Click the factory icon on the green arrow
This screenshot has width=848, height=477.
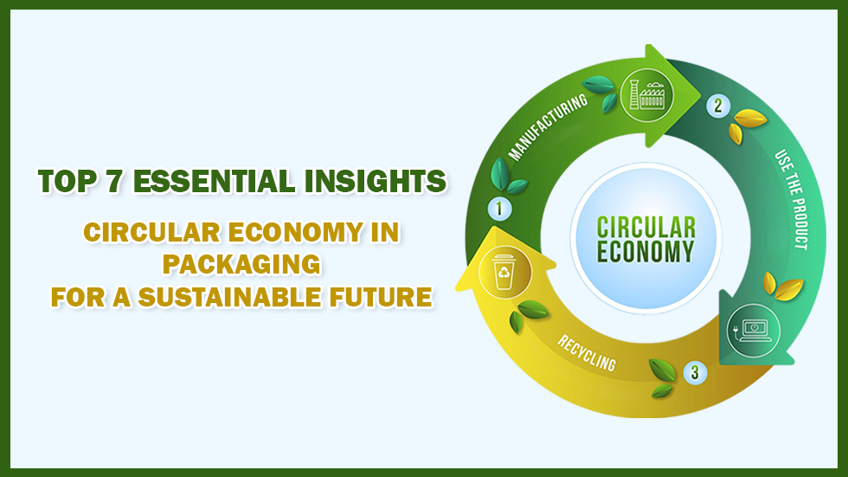(x=643, y=88)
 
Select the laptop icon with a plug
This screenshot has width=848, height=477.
(x=753, y=329)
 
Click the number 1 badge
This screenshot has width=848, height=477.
(x=500, y=209)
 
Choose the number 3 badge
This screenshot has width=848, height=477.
(x=694, y=373)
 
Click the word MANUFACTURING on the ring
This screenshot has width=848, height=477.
(x=548, y=130)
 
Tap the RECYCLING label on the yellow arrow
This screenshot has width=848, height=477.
(x=587, y=350)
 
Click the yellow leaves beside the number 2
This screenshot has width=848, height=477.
(x=743, y=125)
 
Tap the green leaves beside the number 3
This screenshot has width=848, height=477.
(x=663, y=378)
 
